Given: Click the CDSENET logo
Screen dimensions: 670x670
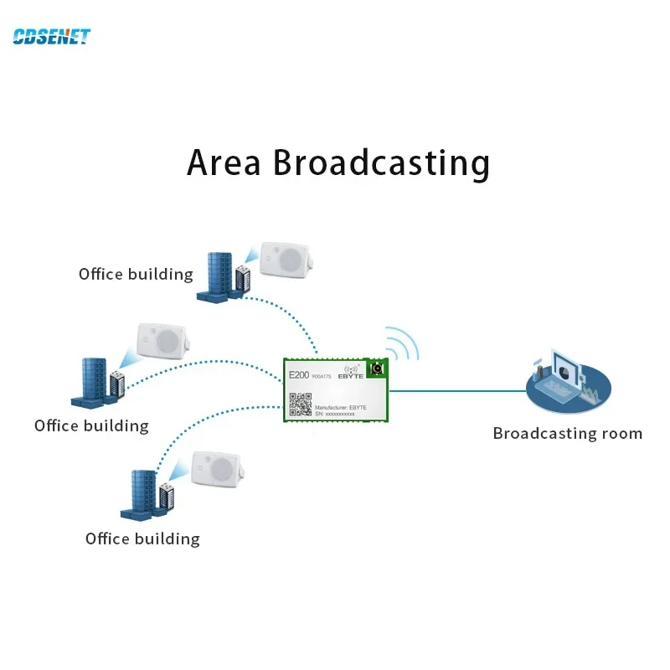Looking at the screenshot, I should click(x=51, y=36).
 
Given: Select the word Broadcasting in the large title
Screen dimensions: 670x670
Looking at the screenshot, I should click(x=381, y=162).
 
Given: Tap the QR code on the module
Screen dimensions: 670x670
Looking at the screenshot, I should click(x=300, y=405).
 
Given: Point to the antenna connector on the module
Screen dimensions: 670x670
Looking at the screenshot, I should click(x=376, y=369).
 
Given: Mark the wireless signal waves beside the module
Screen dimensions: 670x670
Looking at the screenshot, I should click(x=404, y=344).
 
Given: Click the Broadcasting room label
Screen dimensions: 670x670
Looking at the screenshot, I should click(x=567, y=433).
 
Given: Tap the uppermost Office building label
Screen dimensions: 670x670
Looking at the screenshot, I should click(x=136, y=274).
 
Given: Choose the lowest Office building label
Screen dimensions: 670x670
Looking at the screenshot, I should click(x=142, y=539).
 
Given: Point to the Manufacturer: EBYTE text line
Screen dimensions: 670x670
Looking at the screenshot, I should click(x=340, y=406).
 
